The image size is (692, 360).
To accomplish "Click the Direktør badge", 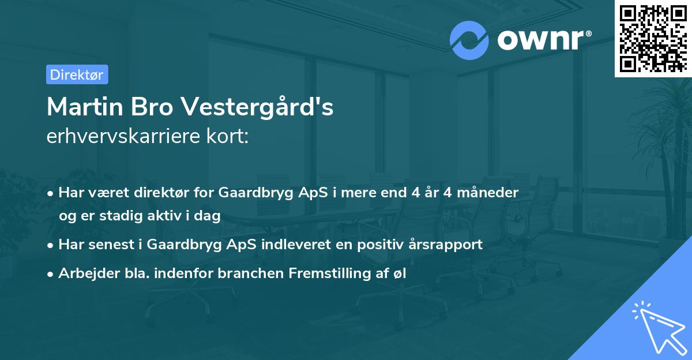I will click(x=77, y=74).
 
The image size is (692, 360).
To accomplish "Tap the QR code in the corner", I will click(x=653, y=39).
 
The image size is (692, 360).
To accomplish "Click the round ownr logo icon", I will click(x=469, y=40).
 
